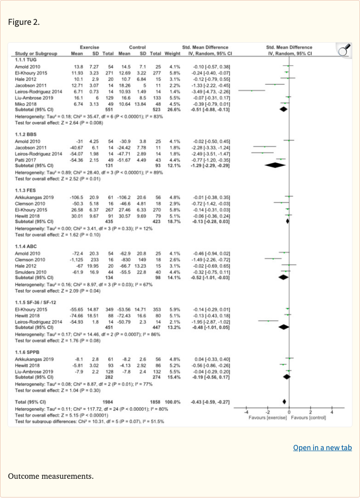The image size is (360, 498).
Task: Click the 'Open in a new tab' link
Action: pos(322,447)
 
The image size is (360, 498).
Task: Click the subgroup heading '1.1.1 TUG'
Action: pos(26,60)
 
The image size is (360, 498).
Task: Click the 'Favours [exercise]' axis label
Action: pos(268,417)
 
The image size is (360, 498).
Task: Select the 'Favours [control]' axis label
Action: pos(308,417)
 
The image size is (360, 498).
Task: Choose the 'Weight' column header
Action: pos(172,53)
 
